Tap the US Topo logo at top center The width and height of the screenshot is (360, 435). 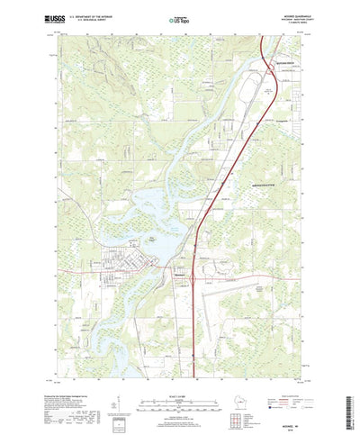point(179,17)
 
